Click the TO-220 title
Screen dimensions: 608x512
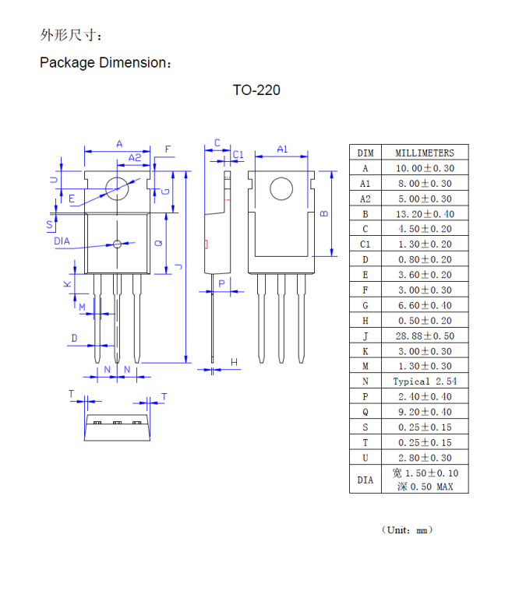[x=256, y=90]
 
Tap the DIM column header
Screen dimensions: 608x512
[x=365, y=153]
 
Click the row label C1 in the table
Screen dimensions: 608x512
[x=365, y=244]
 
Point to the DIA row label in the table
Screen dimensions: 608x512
[x=365, y=480]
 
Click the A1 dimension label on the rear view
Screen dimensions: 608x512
[x=282, y=148]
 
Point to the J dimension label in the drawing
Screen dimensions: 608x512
[x=179, y=267]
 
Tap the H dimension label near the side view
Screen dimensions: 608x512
[x=234, y=362]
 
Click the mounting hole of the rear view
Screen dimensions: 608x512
[x=281, y=189]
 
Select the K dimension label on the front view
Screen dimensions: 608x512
[x=68, y=284]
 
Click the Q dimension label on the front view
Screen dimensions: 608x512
[x=159, y=243]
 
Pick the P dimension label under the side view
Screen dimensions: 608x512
[x=221, y=284]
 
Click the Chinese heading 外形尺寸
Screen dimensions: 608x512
[x=70, y=35]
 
